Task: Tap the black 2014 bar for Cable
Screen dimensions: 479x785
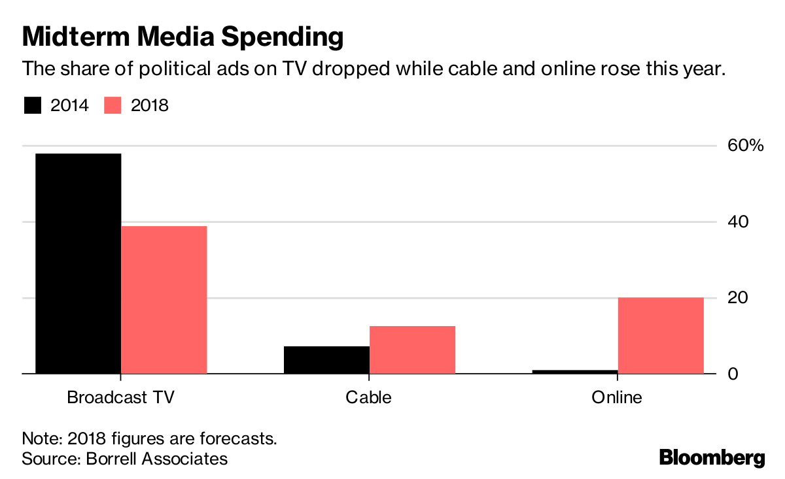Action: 326,360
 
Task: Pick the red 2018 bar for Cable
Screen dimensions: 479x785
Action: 412,350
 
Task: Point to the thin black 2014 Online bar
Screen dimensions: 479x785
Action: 575,372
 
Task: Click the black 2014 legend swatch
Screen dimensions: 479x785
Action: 33,105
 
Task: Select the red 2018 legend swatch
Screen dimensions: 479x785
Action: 114,105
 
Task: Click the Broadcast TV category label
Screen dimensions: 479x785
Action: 121,397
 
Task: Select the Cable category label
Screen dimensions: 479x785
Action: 369,397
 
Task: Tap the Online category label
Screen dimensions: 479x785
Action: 617,397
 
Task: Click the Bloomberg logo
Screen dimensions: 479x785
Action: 712,457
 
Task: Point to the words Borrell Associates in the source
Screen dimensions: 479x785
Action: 157,459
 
